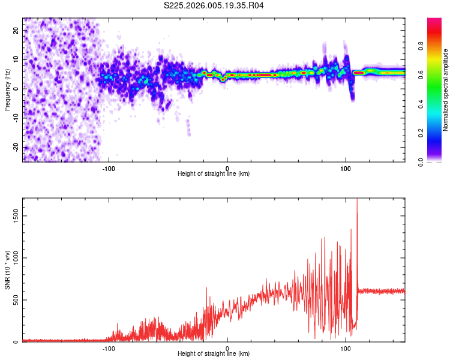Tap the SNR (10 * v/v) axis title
point(7,270)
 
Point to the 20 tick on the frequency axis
point(17,30)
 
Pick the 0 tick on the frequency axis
point(17,88)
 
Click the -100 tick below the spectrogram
point(109,168)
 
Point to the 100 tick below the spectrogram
point(346,168)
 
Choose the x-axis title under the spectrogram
point(214,174)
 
